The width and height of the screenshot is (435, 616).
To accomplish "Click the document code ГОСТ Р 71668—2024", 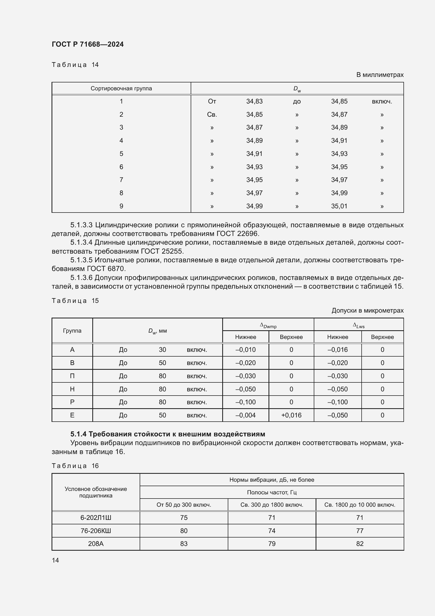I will point(88,44).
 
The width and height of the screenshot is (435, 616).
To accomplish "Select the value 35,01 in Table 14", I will point(339,206).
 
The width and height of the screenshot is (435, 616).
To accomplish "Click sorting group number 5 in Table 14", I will point(121,154).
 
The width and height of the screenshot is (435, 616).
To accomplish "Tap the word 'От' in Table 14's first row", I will point(212,101).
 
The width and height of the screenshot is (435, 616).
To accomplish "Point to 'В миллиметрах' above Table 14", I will point(380,75).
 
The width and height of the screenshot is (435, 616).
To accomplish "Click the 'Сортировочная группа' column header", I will point(121,88).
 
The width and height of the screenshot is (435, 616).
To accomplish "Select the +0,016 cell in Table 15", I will point(291,415).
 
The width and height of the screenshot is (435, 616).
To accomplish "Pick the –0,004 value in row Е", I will point(245,415).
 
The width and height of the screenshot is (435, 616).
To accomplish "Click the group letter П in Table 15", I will point(72,376).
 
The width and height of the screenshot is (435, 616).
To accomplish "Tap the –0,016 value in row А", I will point(337,349).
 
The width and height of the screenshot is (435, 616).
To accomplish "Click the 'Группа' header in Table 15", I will point(72,331).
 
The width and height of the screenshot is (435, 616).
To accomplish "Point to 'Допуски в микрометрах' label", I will point(367,311).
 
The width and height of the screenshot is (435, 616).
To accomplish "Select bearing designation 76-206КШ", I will point(96,531).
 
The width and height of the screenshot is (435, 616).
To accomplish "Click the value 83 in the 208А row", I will point(184,544).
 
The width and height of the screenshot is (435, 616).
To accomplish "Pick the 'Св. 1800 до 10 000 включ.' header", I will point(360,505).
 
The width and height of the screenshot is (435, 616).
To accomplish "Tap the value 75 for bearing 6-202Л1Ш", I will point(184,518).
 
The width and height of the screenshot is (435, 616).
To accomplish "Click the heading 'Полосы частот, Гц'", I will point(272,492).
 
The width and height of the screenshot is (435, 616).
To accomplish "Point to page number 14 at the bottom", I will point(55,560).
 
